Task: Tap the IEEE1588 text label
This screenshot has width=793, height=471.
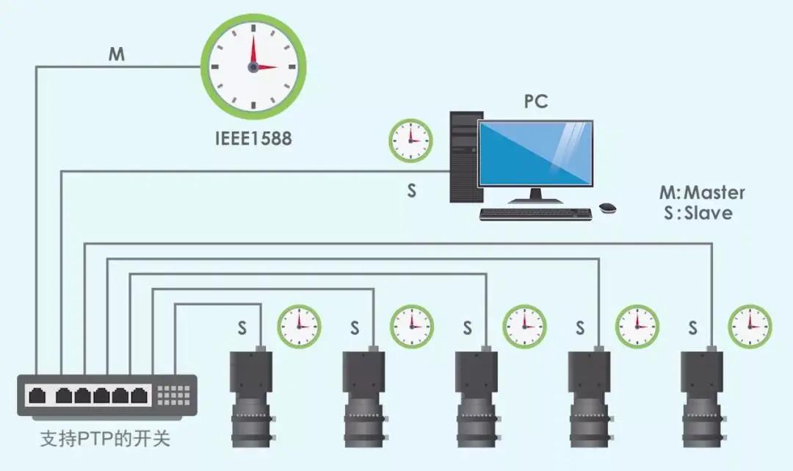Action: point(253,137)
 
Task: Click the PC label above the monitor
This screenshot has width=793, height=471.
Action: point(536,101)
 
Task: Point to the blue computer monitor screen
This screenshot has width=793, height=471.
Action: point(535,153)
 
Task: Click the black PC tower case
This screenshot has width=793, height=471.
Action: point(465,156)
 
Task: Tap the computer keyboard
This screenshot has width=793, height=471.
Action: point(536,214)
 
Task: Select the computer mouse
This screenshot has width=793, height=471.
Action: point(607,208)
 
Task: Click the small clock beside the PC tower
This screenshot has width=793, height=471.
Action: point(410,140)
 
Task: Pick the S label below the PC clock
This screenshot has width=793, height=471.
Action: point(412,190)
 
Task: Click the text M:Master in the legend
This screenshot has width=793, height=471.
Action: point(702,193)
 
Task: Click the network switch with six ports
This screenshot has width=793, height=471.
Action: point(107,395)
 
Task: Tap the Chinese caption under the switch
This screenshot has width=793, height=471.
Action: point(105,440)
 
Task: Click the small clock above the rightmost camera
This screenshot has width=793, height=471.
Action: point(750,326)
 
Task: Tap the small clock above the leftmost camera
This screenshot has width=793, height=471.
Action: point(299,326)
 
